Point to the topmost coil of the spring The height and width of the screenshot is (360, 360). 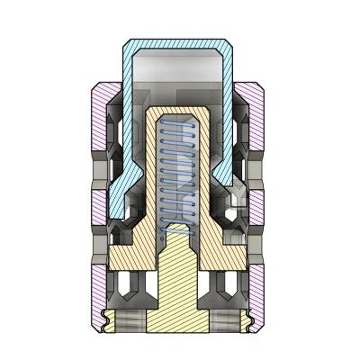click(177, 126)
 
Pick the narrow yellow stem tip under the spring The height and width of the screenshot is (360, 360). click(177, 238)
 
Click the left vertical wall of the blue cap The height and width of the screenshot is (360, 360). click(125, 117)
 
